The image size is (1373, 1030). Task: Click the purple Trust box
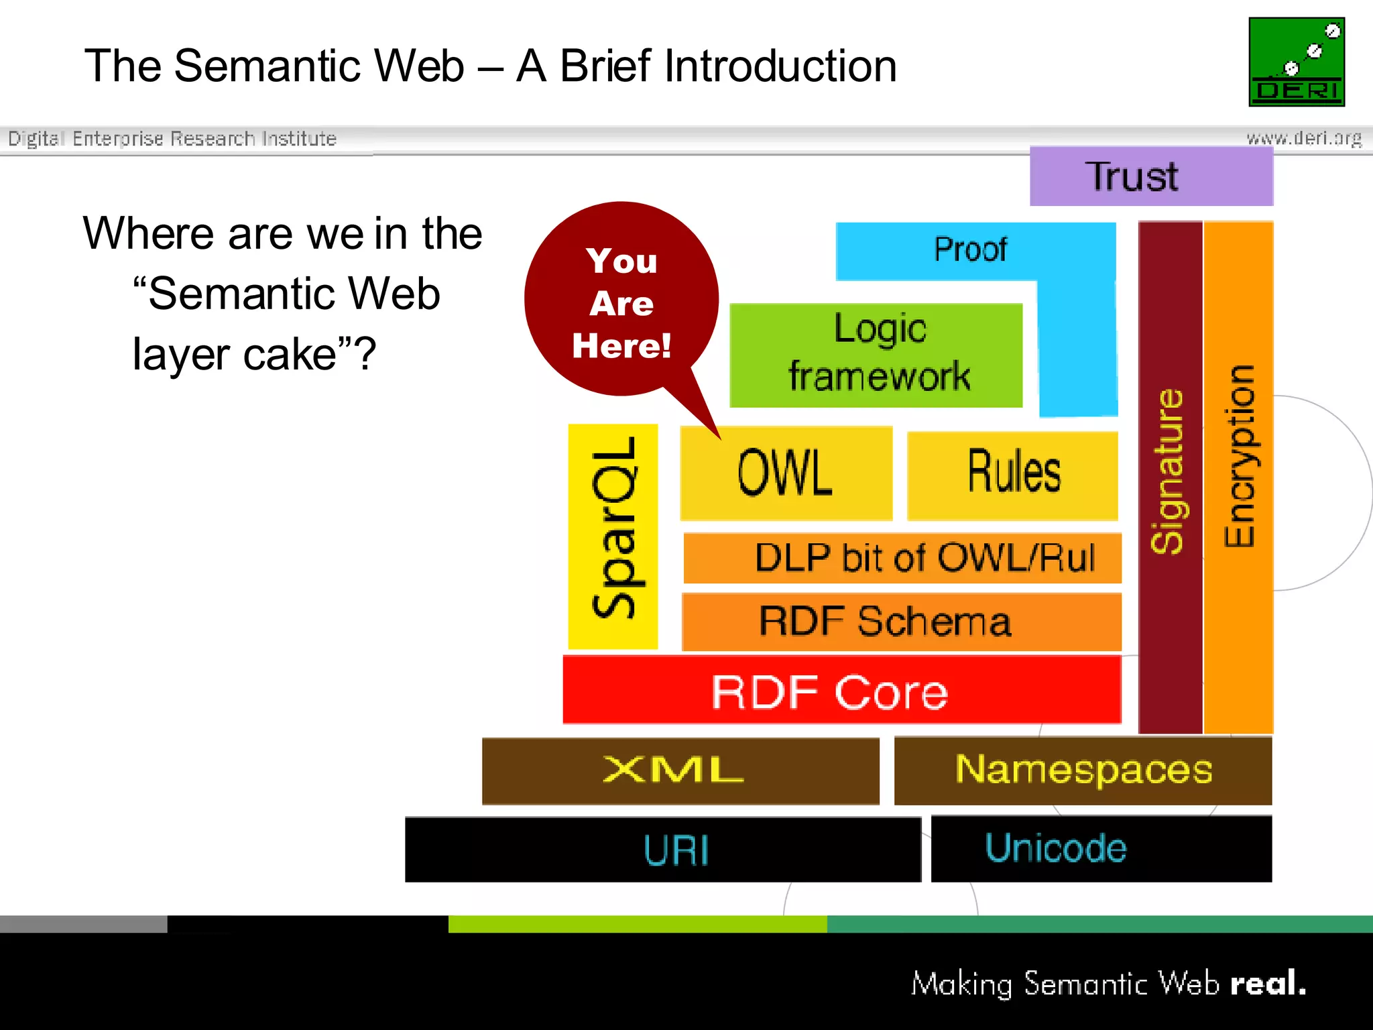click(x=1150, y=176)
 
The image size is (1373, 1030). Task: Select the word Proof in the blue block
click(x=970, y=249)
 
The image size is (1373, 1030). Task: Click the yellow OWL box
click(x=786, y=473)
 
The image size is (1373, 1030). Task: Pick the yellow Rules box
click(x=1012, y=475)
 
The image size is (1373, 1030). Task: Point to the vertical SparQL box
click(x=613, y=536)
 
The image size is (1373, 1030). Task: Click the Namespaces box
click(x=1083, y=770)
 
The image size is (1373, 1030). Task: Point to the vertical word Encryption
click(x=1239, y=456)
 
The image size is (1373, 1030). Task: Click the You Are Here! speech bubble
click(x=621, y=301)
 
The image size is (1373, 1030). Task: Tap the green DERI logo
click(x=1296, y=62)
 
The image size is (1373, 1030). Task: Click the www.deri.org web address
click(x=1303, y=139)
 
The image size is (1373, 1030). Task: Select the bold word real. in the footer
click(x=1267, y=984)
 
